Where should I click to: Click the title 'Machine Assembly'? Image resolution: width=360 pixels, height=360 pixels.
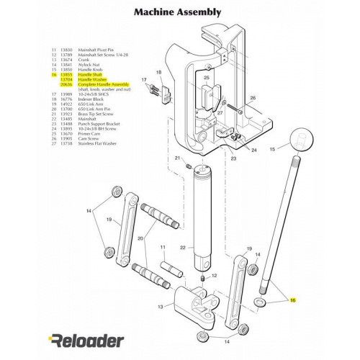click(179, 13)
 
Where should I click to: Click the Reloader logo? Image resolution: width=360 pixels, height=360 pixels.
click(86, 341)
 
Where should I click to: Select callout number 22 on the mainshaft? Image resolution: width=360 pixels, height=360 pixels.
click(183, 248)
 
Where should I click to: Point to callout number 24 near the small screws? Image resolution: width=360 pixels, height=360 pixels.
click(254, 150)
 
